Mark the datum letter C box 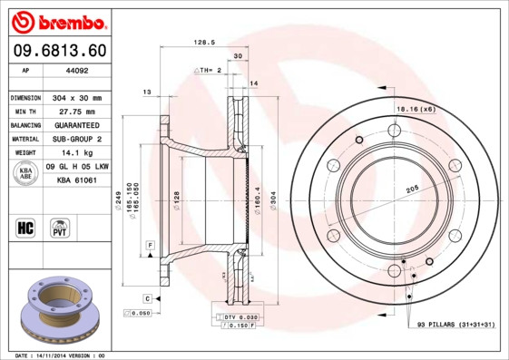point(146,298)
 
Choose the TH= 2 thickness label point(210,70)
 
